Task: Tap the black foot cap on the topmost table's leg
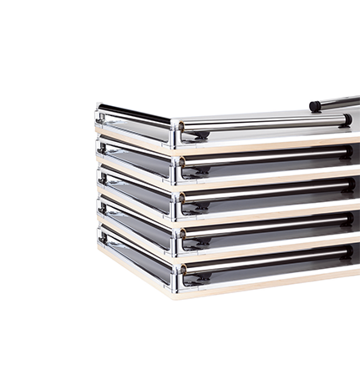point(346,120)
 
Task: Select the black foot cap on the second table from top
point(347,153)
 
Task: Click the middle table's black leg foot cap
point(347,185)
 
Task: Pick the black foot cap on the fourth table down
point(347,219)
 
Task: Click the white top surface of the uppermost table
point(251,114)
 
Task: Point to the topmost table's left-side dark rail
point(134,113)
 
